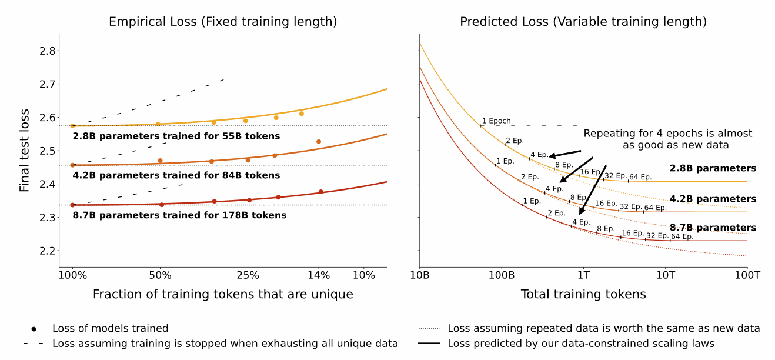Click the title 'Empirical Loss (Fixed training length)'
click(223, 22)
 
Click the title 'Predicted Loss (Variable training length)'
click(583, 22)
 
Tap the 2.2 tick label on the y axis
click(48, 251)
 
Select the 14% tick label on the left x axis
click(319, 275)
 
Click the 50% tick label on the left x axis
click(160, 275)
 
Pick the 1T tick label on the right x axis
click(584, 275)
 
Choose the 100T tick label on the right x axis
click(747, 275)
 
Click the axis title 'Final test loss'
click(24, 151)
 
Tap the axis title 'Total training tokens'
click(583, 294)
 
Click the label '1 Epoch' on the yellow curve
click(496, 121)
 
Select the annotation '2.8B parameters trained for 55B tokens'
click(176, 136)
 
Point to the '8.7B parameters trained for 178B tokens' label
click(179, 215)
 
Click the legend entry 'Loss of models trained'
click(111, 328)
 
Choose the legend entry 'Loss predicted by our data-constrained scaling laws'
click(581, 344)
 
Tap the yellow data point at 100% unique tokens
click(73, 126)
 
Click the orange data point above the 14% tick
click(319, 142)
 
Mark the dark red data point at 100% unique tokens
click(73, 205)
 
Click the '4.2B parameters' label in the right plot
click(713, 199)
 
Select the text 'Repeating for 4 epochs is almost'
click(668, 134)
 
